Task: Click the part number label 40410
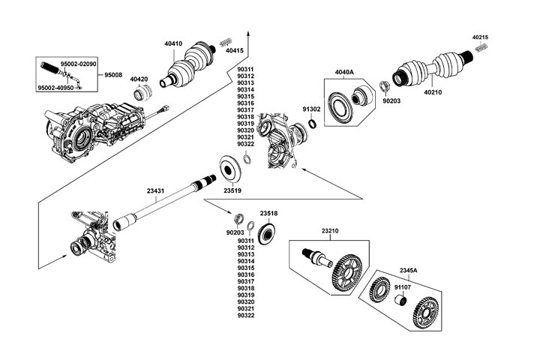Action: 173,43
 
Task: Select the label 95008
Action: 114,76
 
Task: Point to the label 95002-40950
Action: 56,88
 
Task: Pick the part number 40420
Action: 139,79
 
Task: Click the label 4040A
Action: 343,72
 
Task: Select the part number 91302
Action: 311,109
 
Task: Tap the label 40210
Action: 433,93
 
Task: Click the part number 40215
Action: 481,37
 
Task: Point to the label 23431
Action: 156,191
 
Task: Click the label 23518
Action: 268,214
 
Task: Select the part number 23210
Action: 331,231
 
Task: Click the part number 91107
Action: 403,286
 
